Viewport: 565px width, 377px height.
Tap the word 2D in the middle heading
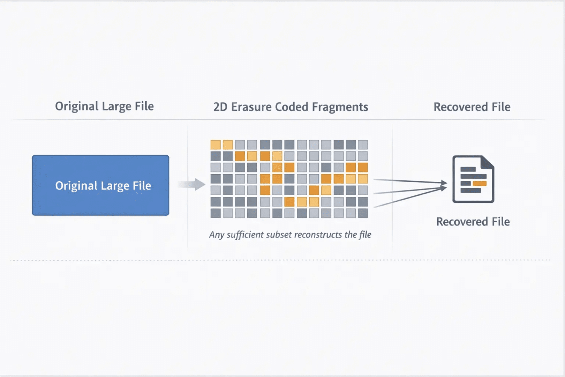coord(220,107)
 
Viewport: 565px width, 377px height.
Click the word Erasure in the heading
coord(251,107)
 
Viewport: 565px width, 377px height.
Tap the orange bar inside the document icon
coord(480,184)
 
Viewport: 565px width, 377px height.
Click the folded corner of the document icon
coord(488,162)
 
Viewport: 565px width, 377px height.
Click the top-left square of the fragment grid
coord(216,145)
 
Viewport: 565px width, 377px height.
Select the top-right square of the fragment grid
coord(363,145)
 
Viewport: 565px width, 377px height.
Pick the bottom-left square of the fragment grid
coord(216,213)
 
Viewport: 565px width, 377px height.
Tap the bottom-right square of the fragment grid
coord(363,213)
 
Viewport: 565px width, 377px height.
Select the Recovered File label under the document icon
coord(473,222)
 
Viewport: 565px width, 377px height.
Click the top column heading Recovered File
coord(472,107)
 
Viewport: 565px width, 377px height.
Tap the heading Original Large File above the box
coord(104,106)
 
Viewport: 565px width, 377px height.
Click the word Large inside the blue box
coord(114,186)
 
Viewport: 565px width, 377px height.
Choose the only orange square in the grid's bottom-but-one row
coord(289,202)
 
